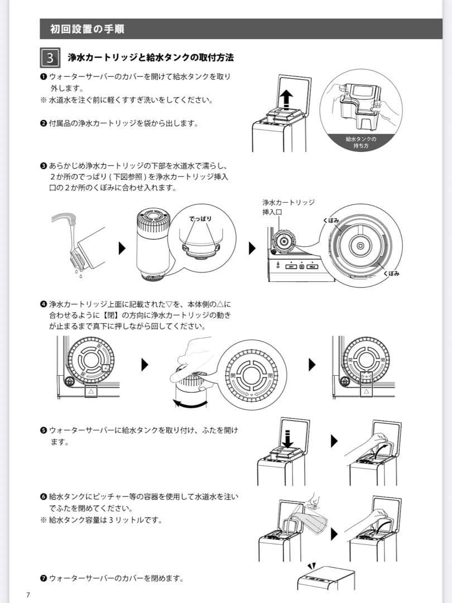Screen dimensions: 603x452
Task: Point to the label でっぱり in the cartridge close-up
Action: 200,219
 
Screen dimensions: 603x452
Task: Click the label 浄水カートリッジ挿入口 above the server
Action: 288,207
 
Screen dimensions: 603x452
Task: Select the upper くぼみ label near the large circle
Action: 330,221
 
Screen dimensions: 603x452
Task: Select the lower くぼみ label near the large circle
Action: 391,274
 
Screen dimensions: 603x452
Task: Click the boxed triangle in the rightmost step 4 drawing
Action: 366,393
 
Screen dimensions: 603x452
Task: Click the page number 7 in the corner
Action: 28,594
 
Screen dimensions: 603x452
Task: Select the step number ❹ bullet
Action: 43,304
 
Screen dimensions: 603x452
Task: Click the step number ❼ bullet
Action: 43,578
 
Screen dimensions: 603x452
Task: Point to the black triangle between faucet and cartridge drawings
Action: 122,248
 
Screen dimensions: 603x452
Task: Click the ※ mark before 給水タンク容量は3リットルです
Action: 43,520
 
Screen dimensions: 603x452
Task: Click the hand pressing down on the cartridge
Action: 193,355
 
